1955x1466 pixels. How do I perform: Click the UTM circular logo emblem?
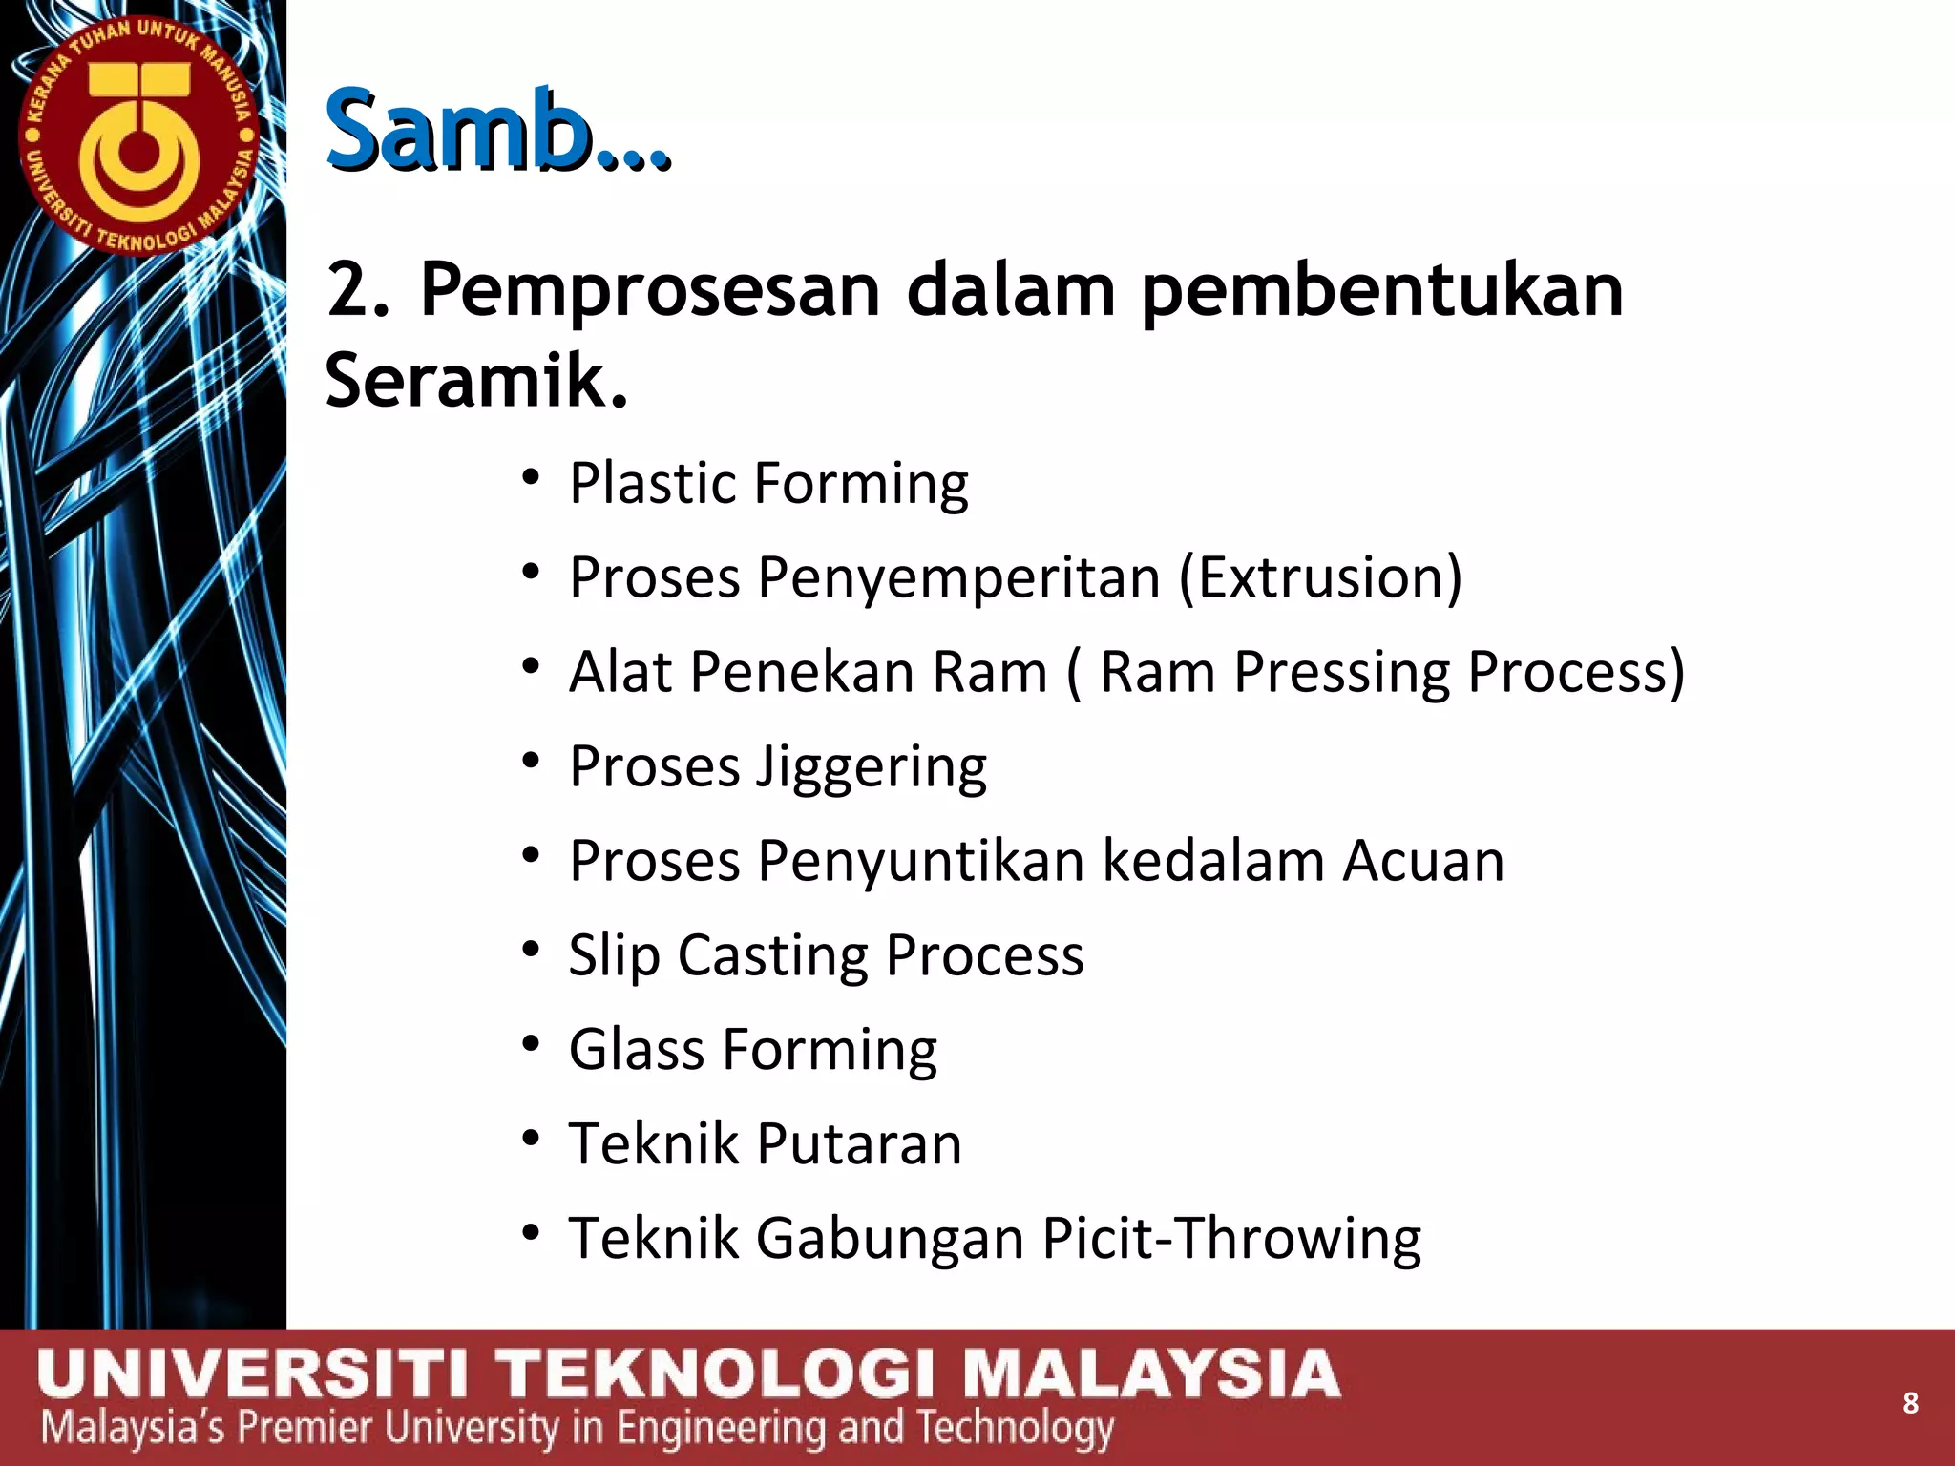[139, 137]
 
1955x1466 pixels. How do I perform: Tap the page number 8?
[1910, 1402]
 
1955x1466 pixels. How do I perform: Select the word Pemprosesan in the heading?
[649, 290]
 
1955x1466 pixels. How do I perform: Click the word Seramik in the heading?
[475, 380]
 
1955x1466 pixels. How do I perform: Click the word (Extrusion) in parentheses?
[1320, 577]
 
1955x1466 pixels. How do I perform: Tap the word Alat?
[620, 671]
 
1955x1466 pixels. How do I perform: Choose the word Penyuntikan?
[920, 862]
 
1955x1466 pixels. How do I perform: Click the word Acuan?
[1422, 861]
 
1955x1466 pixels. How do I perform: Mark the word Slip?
[614, 955]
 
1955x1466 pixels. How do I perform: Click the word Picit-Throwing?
[1231, 1239]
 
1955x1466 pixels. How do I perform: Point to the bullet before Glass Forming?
[532, 1042]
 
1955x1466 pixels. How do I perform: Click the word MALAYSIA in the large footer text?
[1150, 1374]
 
